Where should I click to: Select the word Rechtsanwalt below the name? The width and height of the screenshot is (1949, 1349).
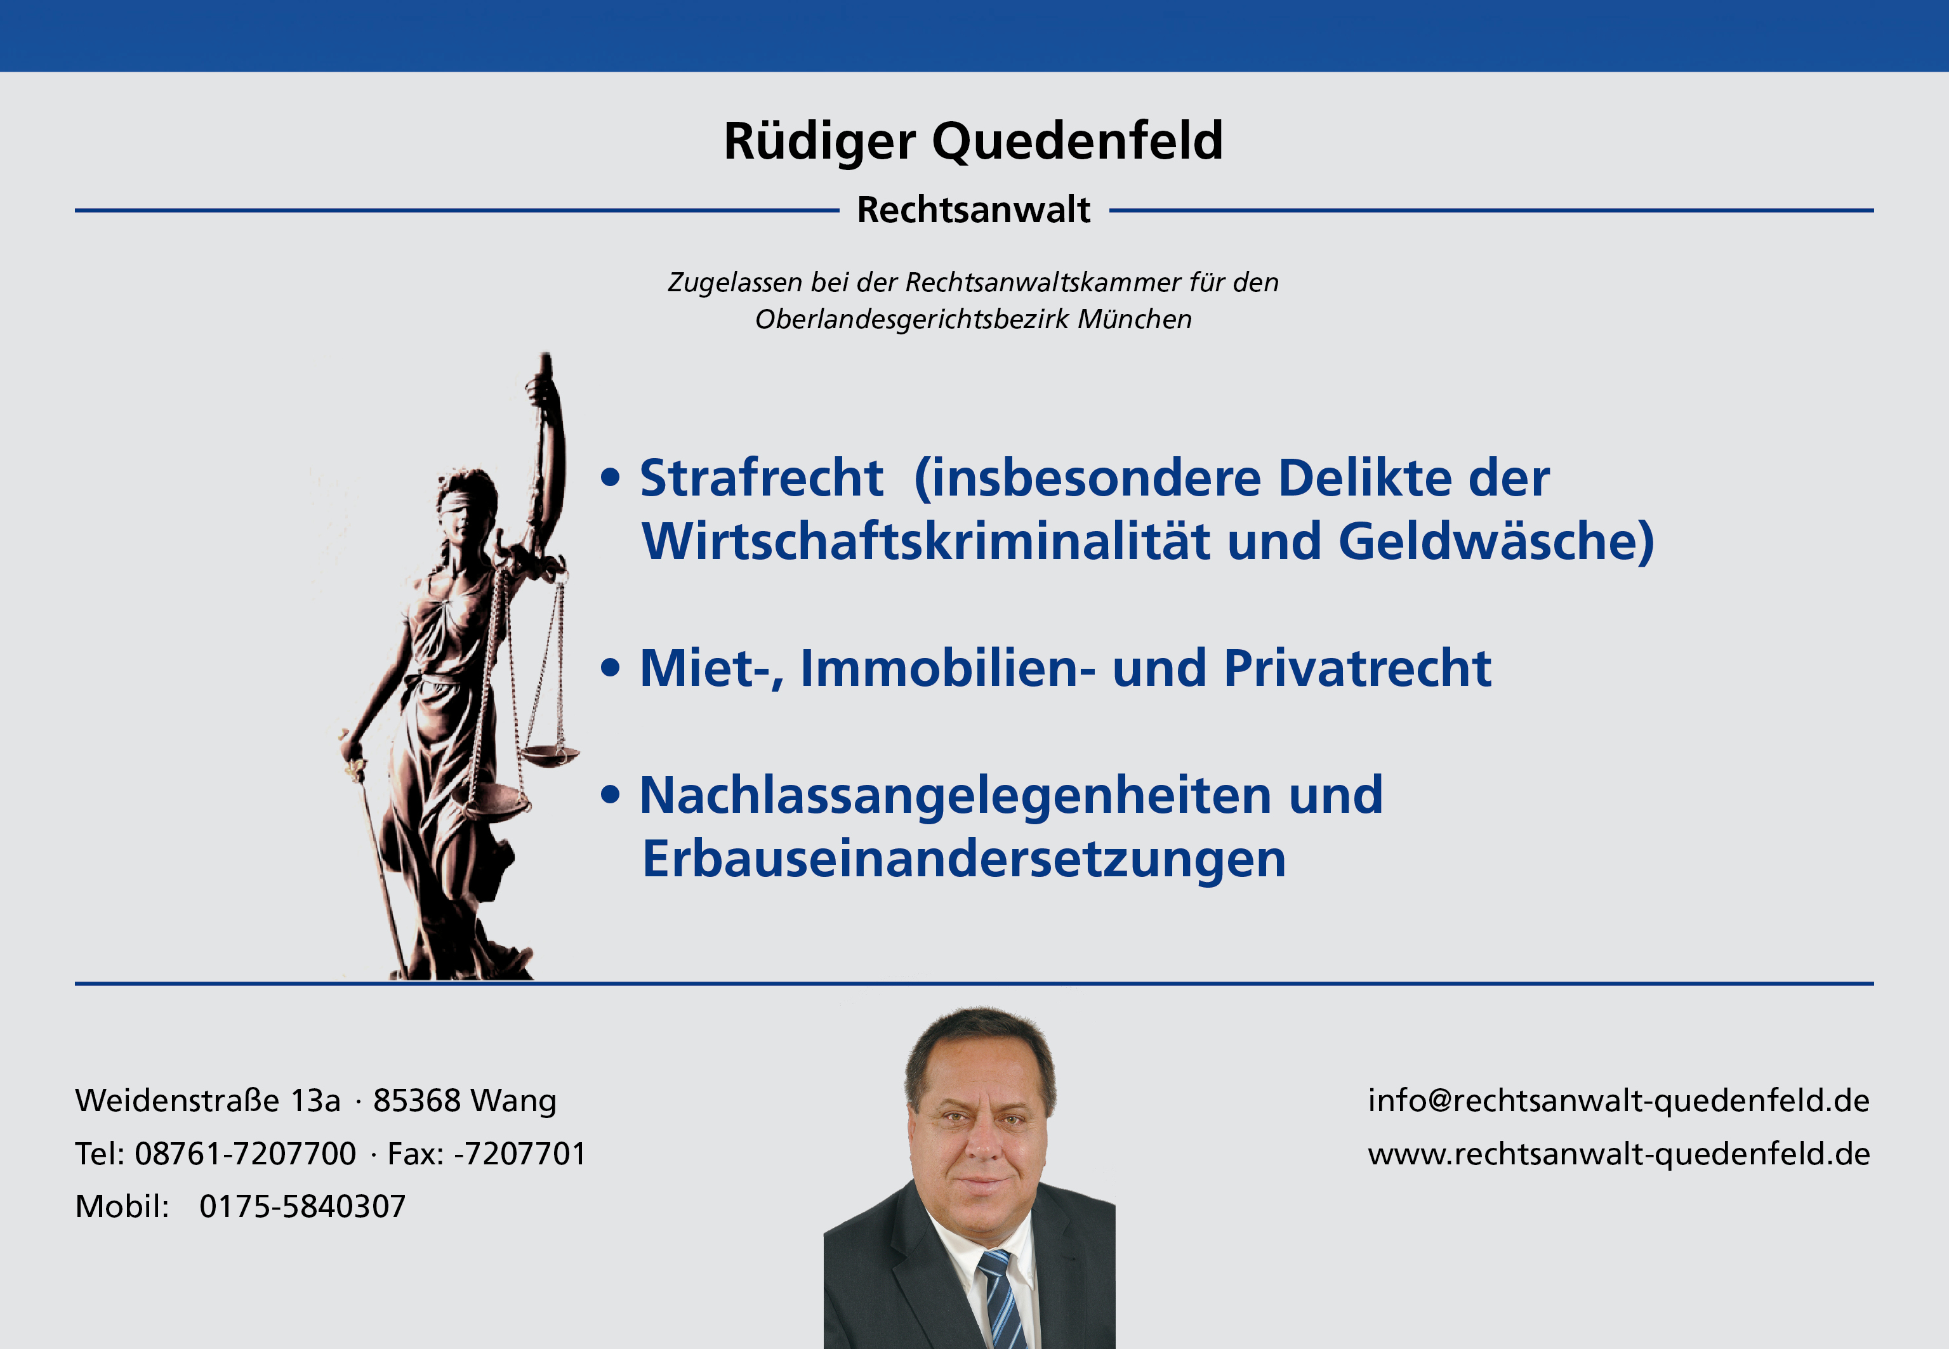[x=974, y=209]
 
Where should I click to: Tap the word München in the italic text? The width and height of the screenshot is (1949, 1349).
[x=1134, y=320]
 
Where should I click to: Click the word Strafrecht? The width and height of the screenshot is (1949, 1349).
[x=762, y=478]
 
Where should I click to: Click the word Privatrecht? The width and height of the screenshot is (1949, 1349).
[x=1358, y=669]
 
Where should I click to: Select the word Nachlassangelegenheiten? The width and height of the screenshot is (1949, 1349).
[x=955, y=797]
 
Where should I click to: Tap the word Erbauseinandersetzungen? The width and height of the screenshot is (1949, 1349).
[x=963, y=860]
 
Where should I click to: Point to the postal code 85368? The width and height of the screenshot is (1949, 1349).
[x=417, y=1100]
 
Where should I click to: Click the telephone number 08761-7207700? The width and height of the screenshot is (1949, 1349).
[x=245, y=1154]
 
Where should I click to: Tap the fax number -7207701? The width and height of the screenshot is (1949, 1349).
[x=520, y=1154]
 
